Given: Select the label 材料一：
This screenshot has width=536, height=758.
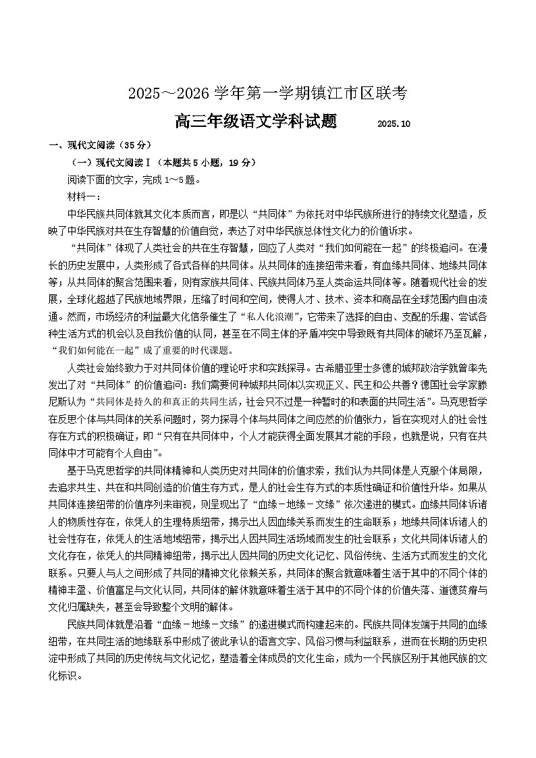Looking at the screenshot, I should (84, 197).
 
